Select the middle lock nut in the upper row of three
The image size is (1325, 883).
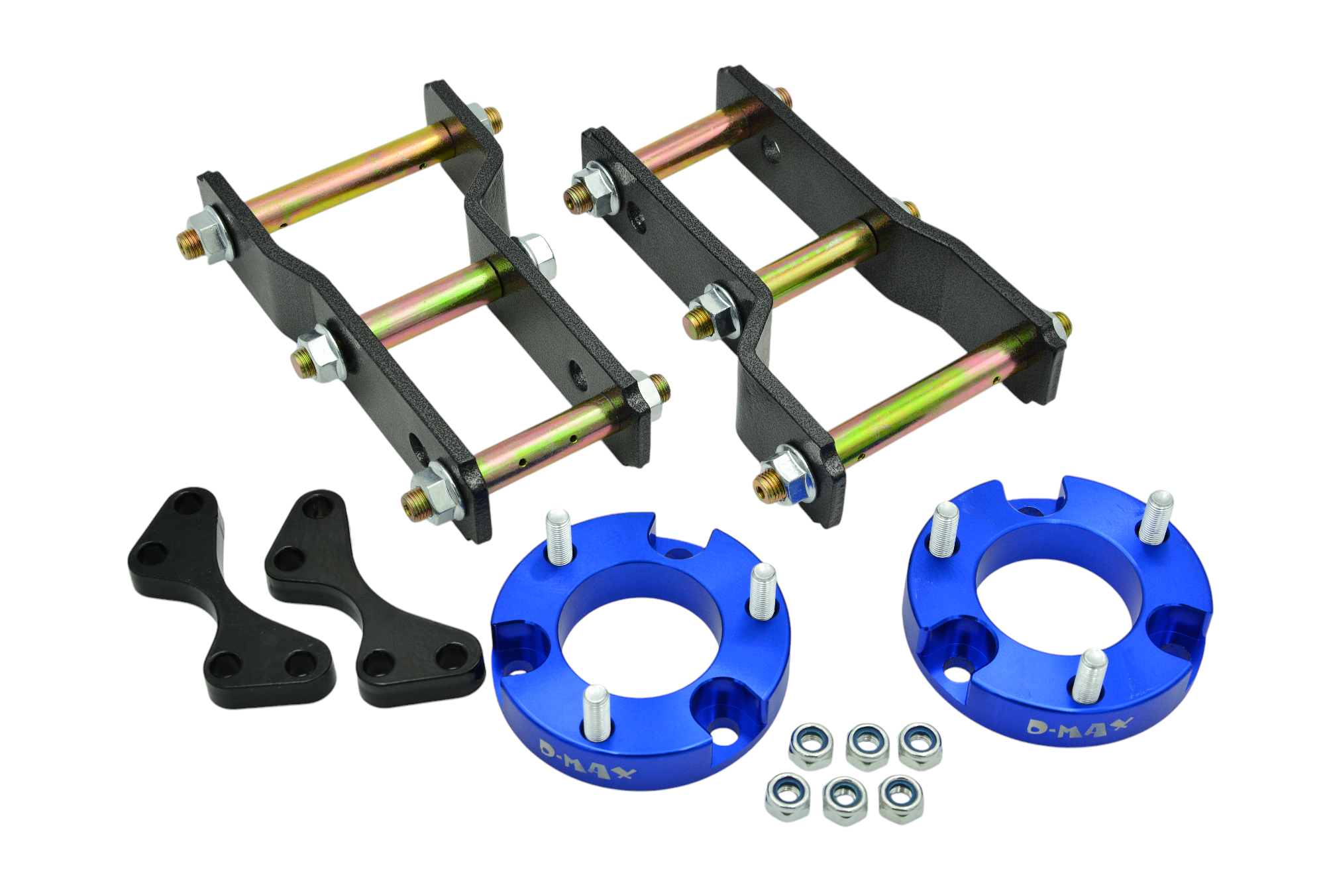867,747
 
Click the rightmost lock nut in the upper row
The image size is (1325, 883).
920,745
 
